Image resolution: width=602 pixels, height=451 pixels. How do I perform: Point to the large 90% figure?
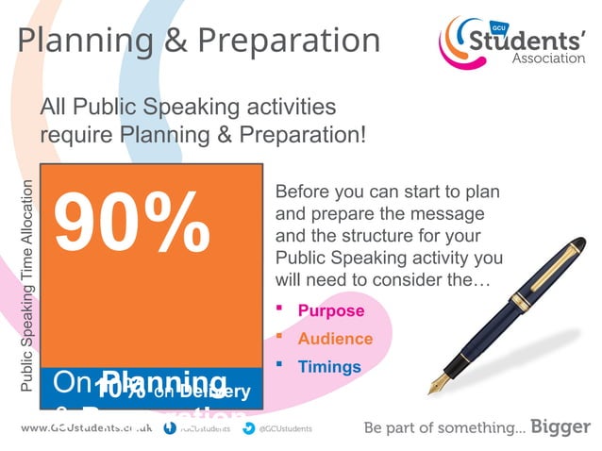(x=131, y=223)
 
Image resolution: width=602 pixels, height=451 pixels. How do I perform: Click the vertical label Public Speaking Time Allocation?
(x=27, y=284)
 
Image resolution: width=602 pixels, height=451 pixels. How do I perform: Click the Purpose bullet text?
(x=330, y=310)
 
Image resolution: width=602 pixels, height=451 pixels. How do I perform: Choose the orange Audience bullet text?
(x=335, y=339)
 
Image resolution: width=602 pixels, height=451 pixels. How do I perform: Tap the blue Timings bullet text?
(x=329, y=367)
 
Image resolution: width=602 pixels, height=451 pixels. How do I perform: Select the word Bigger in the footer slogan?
(x=560, y=426)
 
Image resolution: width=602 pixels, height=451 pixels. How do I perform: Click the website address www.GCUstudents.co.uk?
(x=86, y=427)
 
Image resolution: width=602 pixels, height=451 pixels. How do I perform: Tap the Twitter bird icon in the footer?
(x=248, y=427)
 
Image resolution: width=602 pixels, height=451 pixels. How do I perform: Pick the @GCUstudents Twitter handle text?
(x=286, y=427)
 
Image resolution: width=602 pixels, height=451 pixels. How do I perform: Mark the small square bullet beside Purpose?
(x=279, y=308)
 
